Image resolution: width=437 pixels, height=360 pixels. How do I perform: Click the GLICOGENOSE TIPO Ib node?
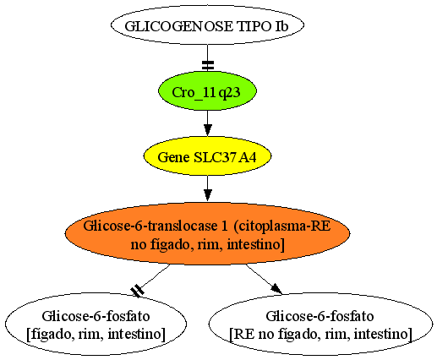coord(207,25)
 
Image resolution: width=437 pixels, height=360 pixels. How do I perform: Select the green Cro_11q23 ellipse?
coord(207,90)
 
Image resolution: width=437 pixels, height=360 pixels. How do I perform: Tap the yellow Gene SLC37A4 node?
coord(207,156)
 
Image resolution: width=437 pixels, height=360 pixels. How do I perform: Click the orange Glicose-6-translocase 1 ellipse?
coord(207,233)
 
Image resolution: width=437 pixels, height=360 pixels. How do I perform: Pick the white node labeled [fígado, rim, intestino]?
coord(96,324)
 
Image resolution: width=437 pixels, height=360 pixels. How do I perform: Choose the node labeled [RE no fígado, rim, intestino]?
coord(320,324)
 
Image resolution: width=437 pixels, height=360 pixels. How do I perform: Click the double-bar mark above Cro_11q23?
coord(208,65)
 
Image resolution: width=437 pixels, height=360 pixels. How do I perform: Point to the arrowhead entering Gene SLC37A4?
coord(208,130)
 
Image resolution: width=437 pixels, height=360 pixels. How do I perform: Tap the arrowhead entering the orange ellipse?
coord(208,195)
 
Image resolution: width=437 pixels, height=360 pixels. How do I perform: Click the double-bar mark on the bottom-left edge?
coord(138,291)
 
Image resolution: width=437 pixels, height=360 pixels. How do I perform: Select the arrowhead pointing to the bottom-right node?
coord(277,289)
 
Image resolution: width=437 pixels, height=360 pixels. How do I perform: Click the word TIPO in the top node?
coord(253,26)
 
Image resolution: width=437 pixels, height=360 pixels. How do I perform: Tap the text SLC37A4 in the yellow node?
coord(226,157)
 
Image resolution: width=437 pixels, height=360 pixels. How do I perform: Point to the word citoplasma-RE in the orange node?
coord(282,226)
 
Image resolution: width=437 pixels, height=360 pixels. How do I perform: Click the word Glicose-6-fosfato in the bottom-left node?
coord(96,316)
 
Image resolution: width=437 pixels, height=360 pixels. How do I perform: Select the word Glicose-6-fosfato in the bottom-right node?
coord(320,316)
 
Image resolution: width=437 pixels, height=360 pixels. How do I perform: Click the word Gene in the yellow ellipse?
coord(173,157)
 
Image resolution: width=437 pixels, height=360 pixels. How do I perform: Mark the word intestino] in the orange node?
coord(256,244)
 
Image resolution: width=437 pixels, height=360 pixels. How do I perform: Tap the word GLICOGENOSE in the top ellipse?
coord(178,26)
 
